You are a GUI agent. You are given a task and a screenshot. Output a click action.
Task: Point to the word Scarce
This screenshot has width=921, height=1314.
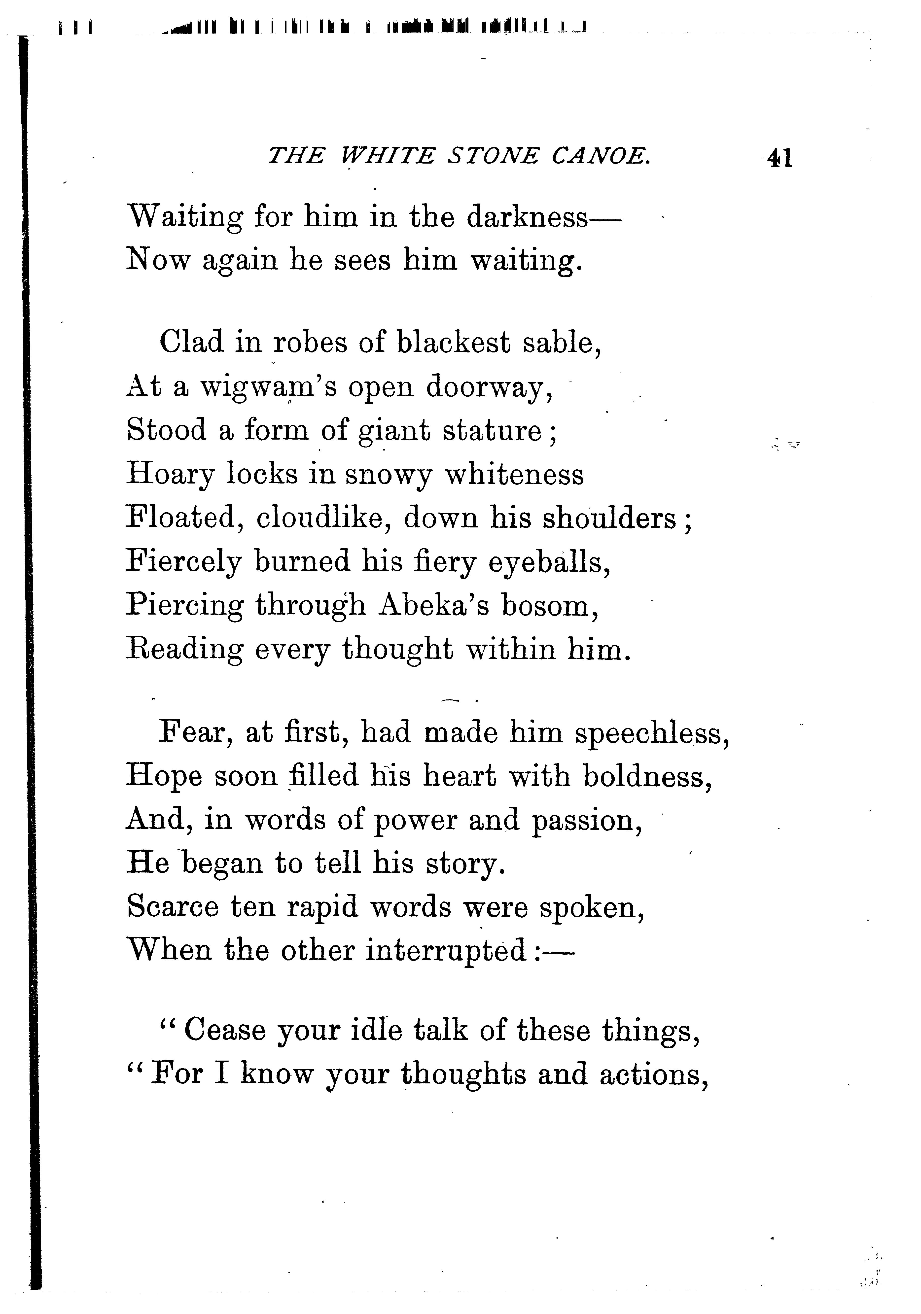point(173,907)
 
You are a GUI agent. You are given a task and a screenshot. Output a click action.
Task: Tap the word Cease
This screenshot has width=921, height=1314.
point(225,1030)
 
